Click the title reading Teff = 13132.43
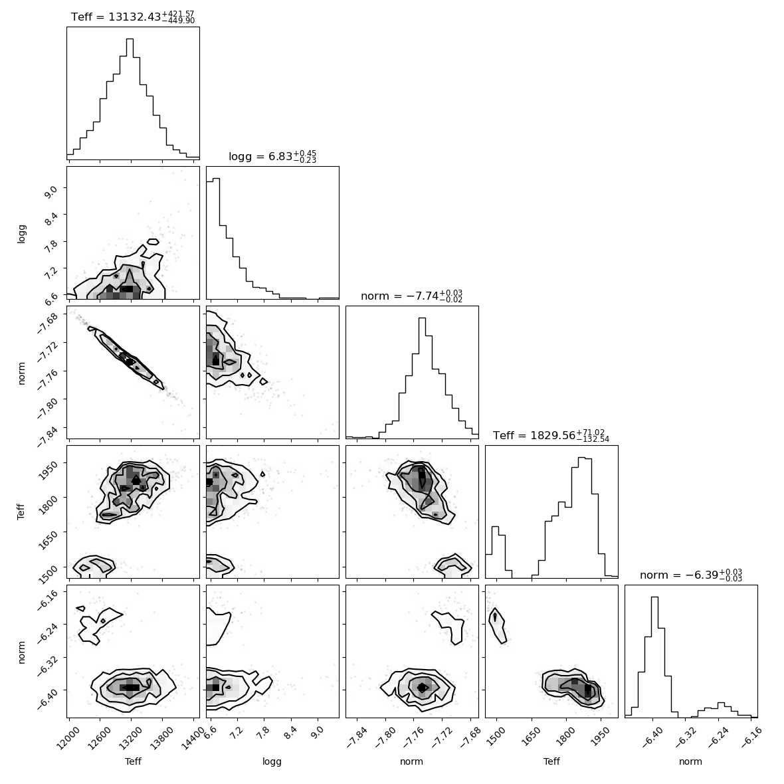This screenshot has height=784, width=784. [x=133, y=17]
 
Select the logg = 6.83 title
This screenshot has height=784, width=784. [x=272, y=157]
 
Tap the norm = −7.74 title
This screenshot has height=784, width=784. [x=411, y=296]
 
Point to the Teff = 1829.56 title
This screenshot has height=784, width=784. [x=551, y=435]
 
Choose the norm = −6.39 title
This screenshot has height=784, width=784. [x=691, y=575]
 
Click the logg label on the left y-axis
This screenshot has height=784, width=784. [x=21, y=233]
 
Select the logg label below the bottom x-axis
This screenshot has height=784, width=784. [x=272, y=761]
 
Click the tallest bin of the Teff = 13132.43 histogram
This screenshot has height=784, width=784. [x=130, y=98]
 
